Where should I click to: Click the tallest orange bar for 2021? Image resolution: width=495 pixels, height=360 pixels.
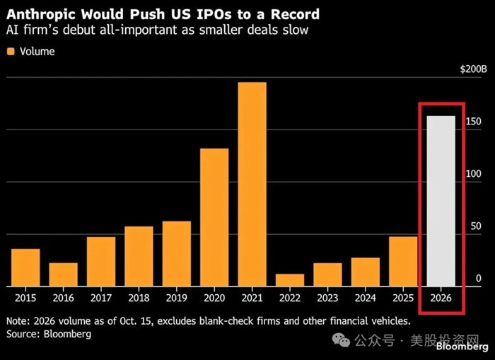252,185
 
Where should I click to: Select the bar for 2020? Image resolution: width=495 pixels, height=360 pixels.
214,217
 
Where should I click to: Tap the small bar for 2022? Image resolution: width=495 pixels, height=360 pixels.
290,280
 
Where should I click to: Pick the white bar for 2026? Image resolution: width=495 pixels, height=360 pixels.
441,201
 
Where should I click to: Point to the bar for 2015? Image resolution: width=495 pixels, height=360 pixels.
25,267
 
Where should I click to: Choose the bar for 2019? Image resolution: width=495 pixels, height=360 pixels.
177,254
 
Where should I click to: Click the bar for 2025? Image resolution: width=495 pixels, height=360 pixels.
403,262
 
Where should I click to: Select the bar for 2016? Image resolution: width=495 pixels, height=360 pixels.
64,274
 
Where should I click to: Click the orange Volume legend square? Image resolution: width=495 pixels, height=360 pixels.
11,52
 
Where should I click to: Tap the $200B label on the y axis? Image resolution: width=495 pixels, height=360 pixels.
474,69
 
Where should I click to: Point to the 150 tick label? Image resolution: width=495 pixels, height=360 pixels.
474,121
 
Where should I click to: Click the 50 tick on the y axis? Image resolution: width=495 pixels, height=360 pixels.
476,226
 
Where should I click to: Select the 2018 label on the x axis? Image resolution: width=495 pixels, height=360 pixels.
139,298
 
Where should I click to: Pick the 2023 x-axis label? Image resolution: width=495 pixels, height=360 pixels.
327,298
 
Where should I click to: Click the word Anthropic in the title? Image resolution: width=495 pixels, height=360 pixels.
41,15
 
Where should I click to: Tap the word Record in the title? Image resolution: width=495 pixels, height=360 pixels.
295,14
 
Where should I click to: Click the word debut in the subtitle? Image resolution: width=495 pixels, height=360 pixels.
79,30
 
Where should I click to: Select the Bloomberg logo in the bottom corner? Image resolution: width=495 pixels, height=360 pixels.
462,347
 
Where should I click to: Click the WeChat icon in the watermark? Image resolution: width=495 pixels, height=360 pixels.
342,339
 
